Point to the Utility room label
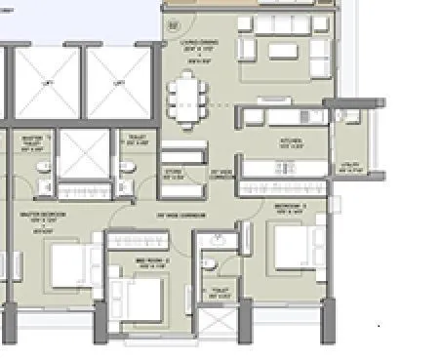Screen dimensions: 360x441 [348, 168]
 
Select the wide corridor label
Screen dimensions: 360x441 [174, 215]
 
